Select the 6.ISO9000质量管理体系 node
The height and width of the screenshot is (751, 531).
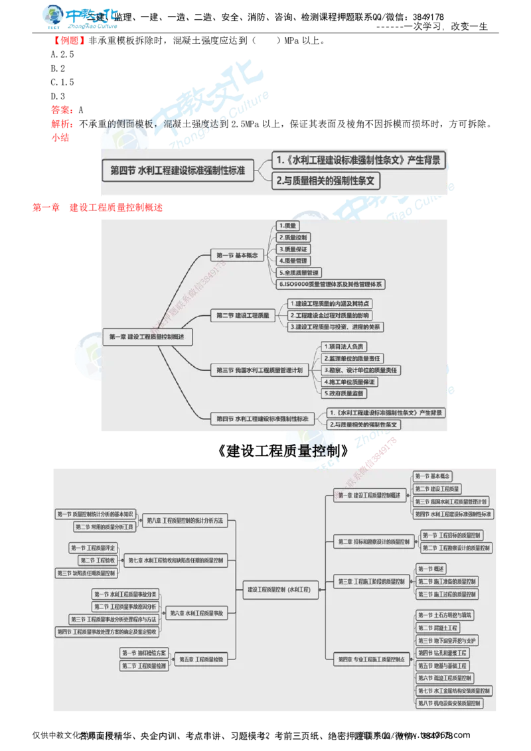(x=331, y=284)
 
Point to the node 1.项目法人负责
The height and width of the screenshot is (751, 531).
(x=342, y=346)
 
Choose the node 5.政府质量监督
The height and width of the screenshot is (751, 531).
(x=343, y=393)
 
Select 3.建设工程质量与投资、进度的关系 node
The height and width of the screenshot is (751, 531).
(x=336, y=327)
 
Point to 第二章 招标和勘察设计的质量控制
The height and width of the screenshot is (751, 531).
(x=370, y=541)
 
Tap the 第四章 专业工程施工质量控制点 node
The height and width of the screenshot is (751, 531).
(x=369, y=659)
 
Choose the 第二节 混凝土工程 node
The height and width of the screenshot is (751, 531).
(x=438, y=628)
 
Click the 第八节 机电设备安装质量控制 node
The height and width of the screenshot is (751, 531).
(x=449, y=703)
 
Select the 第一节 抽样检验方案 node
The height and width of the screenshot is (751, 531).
(x=145, y=653)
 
